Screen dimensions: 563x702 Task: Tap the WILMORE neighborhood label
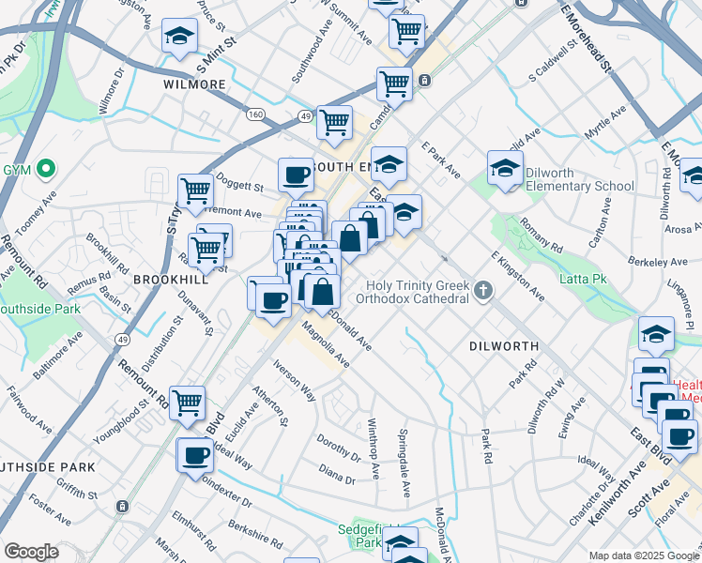click(x=195, y=84)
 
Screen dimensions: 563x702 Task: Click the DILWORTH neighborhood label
click(x=503, y=346)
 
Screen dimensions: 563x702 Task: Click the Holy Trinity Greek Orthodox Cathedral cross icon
click(x=483, y=291)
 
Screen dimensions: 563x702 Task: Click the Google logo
click(x=32, y=551)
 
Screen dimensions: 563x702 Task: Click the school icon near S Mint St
click(x=179, y=36)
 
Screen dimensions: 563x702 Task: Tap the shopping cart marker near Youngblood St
click(x=188, y=402)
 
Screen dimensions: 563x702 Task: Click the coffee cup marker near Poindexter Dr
click(x=194, y=454)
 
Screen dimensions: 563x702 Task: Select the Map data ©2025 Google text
click(x=643, y=555)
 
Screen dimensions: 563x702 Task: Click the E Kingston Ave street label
click(x=517, y=276)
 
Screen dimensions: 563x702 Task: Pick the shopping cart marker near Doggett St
click(x=195, y=190)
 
